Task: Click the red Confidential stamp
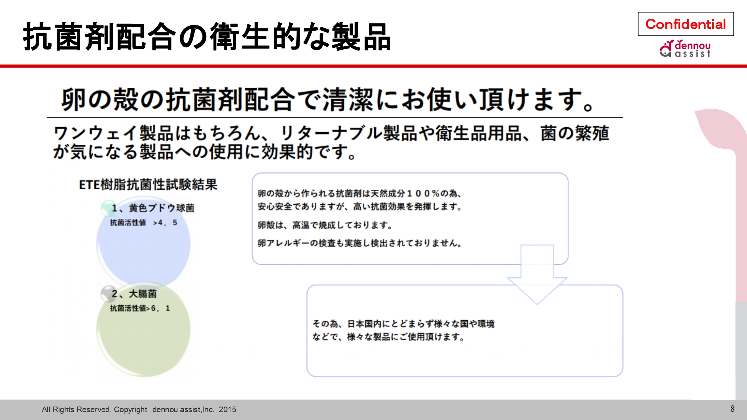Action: (x=686, y=24)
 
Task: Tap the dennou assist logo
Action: (x=685, y=49)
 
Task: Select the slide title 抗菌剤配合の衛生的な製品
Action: (x=207, y=37)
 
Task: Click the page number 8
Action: (x=732, y=409)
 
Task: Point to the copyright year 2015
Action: (x=227, y=410)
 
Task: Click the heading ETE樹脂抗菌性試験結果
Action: (x=148, y=184)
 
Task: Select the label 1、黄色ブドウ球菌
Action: (x=153, y=208)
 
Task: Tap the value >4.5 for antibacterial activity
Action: (x=165, y=223)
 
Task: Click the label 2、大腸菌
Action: (x=134, y=294)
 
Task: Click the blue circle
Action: (x=143, y=245)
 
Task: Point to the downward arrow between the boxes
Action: (x=537, y=274)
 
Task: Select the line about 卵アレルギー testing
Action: (x=360, y=243)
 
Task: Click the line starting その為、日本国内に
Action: (x=403, y=324)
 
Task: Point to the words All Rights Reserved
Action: (x=76, y=410)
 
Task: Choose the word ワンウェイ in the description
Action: (x=96, y=133)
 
